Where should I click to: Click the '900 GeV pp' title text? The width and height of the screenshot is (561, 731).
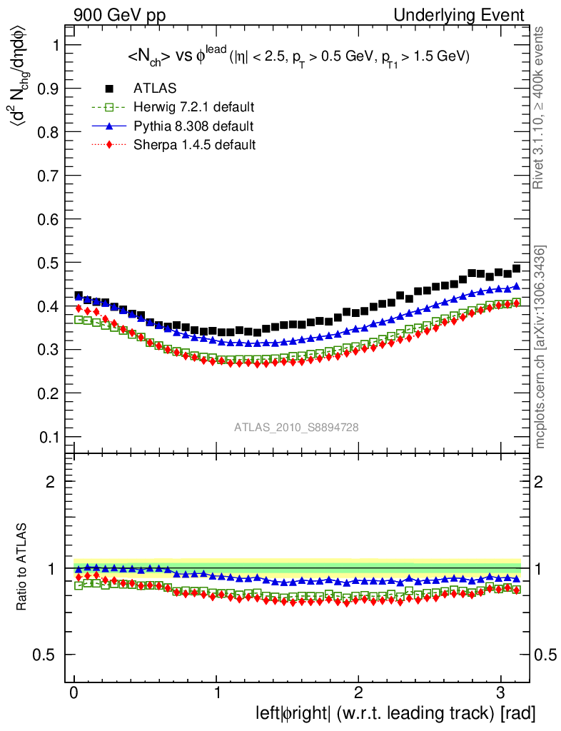point(119,15)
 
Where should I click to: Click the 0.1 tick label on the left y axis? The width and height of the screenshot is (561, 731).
point(47,437)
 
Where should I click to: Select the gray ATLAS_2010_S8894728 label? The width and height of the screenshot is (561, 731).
point(296,428)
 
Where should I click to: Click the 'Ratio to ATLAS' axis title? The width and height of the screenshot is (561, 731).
point(24,568)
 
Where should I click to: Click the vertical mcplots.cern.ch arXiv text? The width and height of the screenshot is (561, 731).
point(540,347)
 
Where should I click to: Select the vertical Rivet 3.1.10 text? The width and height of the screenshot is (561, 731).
point(540,108)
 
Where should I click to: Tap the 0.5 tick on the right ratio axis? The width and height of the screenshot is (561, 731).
point(546,655)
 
